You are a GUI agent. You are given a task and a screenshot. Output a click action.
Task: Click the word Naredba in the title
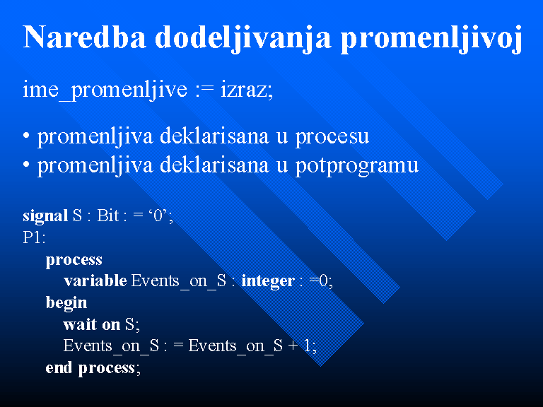click(85, 37)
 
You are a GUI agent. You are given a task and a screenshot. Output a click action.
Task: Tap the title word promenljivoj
click(432, 39)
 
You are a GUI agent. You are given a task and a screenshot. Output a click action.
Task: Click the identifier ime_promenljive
click(105, 90)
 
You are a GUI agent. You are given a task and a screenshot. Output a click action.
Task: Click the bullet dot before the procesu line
click(26, 136)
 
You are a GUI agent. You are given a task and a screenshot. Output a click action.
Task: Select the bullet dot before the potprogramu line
click(26, 165)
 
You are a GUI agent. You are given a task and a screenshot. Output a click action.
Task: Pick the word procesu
click(332, 137)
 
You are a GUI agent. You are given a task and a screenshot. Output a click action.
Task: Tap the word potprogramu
click(356, 167)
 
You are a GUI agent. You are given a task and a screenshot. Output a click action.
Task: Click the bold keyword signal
click(45, 216)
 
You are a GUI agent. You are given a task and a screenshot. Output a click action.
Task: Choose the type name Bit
click(107, 216)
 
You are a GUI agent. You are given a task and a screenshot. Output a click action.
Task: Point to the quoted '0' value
click(158, 216)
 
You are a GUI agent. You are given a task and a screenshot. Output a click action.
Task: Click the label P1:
click(34, 237)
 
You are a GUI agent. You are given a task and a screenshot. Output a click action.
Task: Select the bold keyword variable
click(95, 281)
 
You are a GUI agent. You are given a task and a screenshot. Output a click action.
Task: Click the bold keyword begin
click(66, 303)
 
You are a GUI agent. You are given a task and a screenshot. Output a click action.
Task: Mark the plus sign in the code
click(293, 346)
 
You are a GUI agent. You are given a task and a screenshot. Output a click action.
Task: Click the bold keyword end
click(59, 367)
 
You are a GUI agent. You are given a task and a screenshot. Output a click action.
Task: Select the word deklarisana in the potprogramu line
click(214, 165)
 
